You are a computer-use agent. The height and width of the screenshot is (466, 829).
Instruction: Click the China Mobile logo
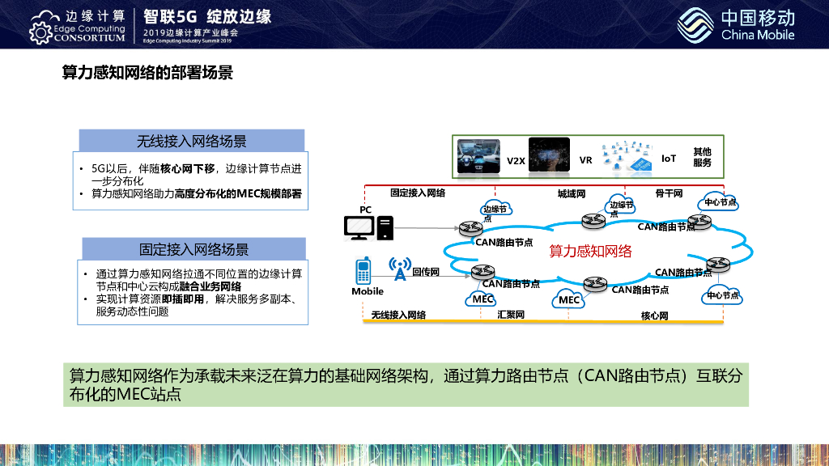pyautogui.click(x=737, y=24)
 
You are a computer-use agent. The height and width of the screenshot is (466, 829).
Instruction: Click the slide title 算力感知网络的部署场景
pyautogui.click(x=147, y=74)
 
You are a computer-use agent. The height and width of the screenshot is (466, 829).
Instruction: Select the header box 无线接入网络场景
pyautogui.click(x=191, y=141)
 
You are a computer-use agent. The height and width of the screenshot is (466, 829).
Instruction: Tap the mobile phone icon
pyautogui.click(x=363, y=270)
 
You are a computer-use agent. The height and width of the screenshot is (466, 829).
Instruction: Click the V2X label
pyautogui.click(x=517, y=161)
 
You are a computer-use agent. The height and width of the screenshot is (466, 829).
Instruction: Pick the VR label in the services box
pyautogui.click(x=585, y=160)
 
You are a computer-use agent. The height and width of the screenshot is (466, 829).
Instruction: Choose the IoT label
pyautogui.click(x=669, y=159)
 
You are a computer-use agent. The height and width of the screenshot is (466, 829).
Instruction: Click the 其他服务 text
pyautogui.click(x=702, y=157)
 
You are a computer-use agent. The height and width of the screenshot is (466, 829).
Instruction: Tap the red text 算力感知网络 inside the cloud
pyautogui.click(x=591, y=252)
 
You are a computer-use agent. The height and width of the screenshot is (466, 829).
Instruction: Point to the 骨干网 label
pyautogui.click(x=669, y=194)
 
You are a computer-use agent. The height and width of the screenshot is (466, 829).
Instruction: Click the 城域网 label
pyautogui.click(x=571, y=194)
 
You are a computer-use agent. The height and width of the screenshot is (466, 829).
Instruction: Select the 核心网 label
pyautogui.click(x=654, y=316)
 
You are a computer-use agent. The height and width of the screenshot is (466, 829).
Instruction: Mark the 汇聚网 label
pyautogui.click(x=511, y=314)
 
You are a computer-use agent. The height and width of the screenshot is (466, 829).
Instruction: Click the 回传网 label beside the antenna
pyautogui.click(x=425, y=272)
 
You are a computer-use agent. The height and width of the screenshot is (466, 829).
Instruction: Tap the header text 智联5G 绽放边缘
pyautogui.click(x=206, y=16)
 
